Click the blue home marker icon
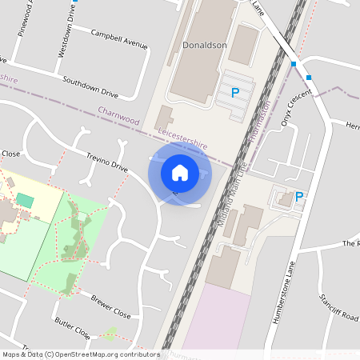click(180, 172)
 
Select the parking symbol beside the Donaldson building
click(235, 93)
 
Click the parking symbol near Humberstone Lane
click(299, 196)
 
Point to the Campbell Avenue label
click(119, 40)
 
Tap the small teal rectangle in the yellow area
click(26, 199)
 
